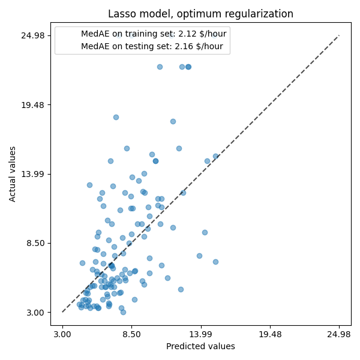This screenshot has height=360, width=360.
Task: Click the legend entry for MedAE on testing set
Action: click(x=152, y=46)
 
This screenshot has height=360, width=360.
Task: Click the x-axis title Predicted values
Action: click(x=200, y=346)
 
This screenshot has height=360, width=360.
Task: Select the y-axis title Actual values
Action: click(x=13, y=174)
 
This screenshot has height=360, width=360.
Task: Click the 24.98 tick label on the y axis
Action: click(x=34, y=35)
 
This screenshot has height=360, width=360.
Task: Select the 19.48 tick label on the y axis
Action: click(x=34, y=105)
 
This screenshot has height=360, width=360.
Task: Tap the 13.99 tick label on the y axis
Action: click(x=34, y=174)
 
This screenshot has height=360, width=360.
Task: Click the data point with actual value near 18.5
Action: click(x=116, y=117)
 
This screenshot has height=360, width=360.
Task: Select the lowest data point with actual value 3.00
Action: click(x=123, y=312)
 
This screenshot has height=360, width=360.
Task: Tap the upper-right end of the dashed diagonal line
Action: click(x=339, y=35)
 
